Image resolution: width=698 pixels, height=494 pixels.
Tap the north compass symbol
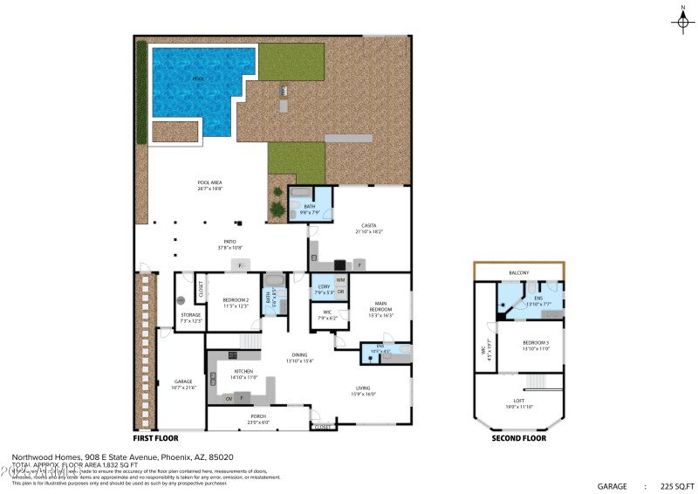click(x=683, y=22)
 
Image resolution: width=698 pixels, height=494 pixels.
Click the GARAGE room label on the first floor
click(x=183, y=383)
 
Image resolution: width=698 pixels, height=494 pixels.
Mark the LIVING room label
click(x=364, y=390)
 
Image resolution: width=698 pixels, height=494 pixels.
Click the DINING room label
click(x=299, y=357)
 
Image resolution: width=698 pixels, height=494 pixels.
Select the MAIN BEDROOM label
click(x=380, y=308)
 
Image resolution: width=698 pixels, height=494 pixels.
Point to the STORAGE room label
click(x=190, y=317)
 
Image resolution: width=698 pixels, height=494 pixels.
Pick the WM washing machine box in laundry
click(x=340, y=280)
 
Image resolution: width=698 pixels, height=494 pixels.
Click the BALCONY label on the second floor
click(x=519, y=273)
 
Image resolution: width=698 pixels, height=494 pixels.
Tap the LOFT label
click(x=519, y=402)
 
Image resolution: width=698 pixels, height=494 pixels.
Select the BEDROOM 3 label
click(x=536, y=345)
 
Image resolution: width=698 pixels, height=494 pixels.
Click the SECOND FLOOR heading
click(x=518, y=438)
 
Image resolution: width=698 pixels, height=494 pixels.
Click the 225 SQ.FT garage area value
click(x=676, y=485)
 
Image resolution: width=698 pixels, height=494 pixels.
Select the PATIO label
click(x=229, y=243)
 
